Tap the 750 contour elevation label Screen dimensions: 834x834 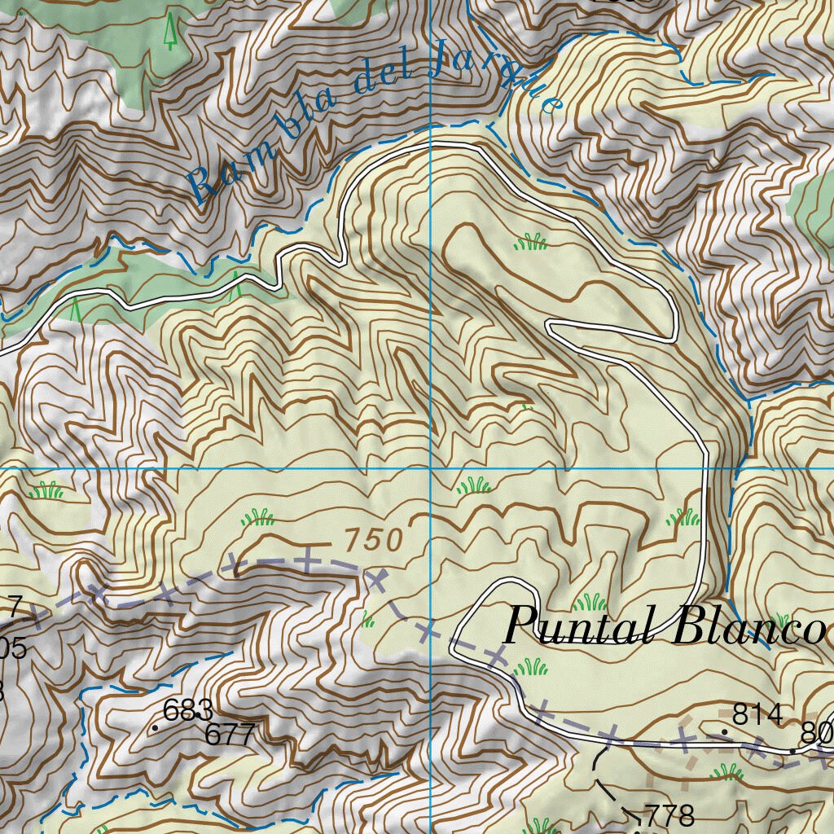[373, 539]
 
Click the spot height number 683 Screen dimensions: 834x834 [188, 710]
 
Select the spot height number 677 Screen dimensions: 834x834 [230, 735]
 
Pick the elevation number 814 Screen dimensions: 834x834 [757, 714]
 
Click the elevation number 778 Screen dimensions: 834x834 [669, 814]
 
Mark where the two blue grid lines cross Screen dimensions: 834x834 [430, 469]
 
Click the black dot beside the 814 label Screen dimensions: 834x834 [723, 732]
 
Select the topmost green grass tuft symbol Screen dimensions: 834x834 [531, 241]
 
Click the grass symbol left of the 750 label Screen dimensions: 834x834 [258, 517]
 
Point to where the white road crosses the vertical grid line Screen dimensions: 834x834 [430, 144]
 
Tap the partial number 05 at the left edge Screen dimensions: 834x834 [13, 648]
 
